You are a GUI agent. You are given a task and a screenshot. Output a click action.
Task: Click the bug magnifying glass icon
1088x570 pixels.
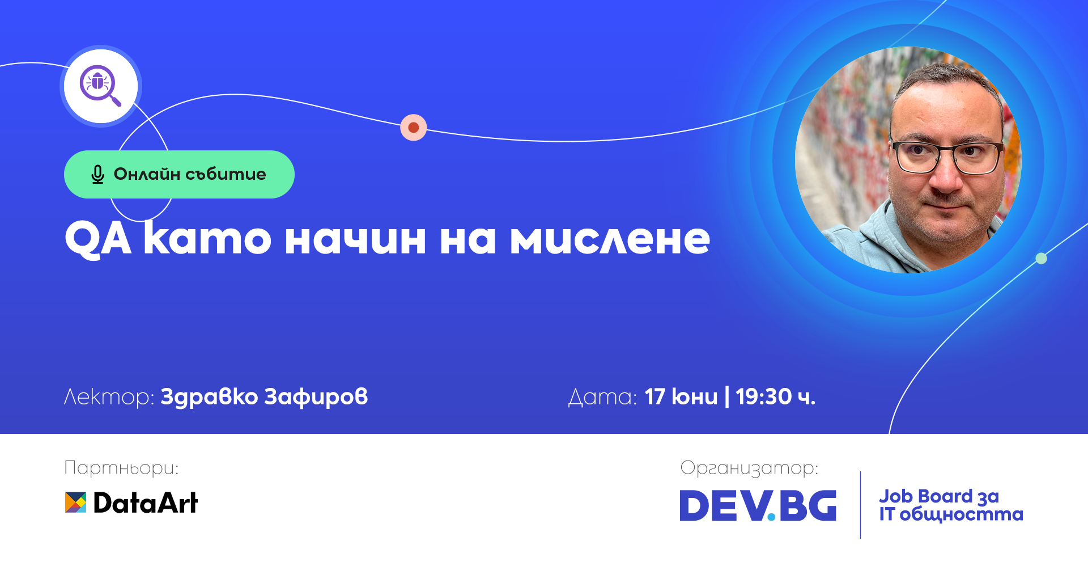[x=100, y=86]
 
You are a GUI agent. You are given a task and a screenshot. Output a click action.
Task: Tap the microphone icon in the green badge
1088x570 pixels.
[x=97, y=174]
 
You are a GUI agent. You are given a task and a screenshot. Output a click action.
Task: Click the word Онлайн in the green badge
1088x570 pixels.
[x=147, y=174]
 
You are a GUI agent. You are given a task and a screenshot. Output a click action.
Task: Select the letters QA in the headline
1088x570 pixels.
[x=98, y=239]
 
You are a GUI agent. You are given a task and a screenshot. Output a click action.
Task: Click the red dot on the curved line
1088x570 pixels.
[x=414, y=127]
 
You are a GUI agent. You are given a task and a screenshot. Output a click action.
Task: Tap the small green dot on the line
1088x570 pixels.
[x=1041, y=259]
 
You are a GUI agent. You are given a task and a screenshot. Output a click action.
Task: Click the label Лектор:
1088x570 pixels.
[x=109, y=397]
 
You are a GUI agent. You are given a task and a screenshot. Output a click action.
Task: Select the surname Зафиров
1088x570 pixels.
[x=316, y=397]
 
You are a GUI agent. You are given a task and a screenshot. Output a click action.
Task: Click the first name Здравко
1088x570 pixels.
[x=210, y=397]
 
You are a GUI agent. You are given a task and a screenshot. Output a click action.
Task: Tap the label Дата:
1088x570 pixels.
[x=602, y=397]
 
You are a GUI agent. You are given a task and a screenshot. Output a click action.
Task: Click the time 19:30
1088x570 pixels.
[x=764, y=396]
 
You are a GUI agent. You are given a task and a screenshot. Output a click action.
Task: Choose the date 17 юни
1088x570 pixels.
[x=681, y=396]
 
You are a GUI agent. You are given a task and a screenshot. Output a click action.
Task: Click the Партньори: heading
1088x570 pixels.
[x=121, y=468]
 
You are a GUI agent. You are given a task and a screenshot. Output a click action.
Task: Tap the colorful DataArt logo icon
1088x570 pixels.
[x=75, y=503]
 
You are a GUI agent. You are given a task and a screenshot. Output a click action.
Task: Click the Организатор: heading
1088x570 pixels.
[x=749, y=468]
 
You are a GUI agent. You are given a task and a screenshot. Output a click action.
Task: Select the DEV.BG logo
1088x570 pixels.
[x=758, y=505]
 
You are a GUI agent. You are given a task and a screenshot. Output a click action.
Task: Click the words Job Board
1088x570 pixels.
[x=926, y=496]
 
